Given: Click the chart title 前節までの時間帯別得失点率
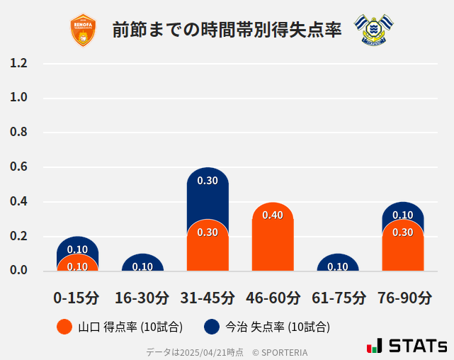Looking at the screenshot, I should click(x=227, y=30).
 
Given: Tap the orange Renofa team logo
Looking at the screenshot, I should click(x=83, y=30).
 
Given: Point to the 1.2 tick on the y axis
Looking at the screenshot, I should click(x=18, y=63).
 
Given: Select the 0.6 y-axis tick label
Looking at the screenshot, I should click(x=18, y=167).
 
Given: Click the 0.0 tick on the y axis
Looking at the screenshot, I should click(x=18, y=270).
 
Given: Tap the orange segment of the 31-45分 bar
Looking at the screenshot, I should click(x=208, y=248).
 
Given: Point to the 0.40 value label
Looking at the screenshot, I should click(x=273, y=215).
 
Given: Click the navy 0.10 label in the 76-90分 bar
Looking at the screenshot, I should click(x=403, y=215).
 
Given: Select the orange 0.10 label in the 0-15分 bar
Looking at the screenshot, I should click(x=77, y=266).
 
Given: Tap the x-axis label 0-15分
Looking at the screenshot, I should click(x=77, y=298).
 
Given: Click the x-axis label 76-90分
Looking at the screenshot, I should click(x=404, y=298).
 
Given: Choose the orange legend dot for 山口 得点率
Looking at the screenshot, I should click(x=64, y=327).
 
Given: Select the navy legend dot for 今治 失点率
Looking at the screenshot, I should click(x=211, y=327).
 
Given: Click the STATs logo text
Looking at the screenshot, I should click(x=417, y=346).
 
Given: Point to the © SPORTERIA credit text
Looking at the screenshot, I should click(x=280, y=352).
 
